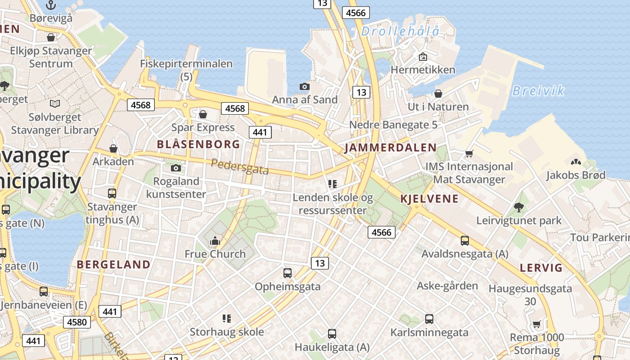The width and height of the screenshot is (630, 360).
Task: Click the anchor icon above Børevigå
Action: pyautogui.click(x=51, y=5)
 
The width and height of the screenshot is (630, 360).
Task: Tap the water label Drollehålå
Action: pyautogui.click(x=400, y=31)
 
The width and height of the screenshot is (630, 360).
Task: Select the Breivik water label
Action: pyautogui.click(x=538, y=91)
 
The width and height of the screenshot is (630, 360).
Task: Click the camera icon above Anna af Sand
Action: pyautogui.click(x=305, y=86)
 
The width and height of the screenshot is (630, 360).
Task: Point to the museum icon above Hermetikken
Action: pyautogui.click(x=423, y=57)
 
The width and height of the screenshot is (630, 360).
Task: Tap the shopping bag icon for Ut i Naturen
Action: pyautogui.click(x=438, y=94)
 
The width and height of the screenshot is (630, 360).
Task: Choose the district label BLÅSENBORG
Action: pyautogui.click(x=198, y=144)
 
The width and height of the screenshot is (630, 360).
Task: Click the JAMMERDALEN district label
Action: pyautogui.click(x=391, y=148)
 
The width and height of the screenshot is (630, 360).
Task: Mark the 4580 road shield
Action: pyautogui.click(x=76, y=322)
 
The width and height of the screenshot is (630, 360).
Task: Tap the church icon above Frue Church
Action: pyautogui.click(x=215, y=241)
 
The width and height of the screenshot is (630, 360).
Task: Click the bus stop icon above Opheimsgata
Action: pyautogui.click(x=288, y=273)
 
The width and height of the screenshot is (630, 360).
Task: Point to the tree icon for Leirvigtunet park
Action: pyautogui.click(x=519, y=207)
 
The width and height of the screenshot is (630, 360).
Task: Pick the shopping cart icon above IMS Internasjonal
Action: pyautogui.click(x=469, y=154)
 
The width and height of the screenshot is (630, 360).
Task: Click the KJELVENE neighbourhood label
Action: pyautogui.click(x=429, y=199)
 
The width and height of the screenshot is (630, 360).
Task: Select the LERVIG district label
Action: pyautogui.click(x=541, y=268)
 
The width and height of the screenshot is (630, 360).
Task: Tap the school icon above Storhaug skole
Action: pyautogui.click(x=227, y=319)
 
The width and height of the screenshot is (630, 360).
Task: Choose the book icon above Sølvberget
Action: pyautogui.click(x=55, y=104)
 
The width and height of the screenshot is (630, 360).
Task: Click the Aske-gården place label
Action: pyautogui.click(x=447, y=286)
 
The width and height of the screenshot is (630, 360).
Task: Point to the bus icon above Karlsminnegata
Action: pyautogui.click(x=429, y=319)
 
